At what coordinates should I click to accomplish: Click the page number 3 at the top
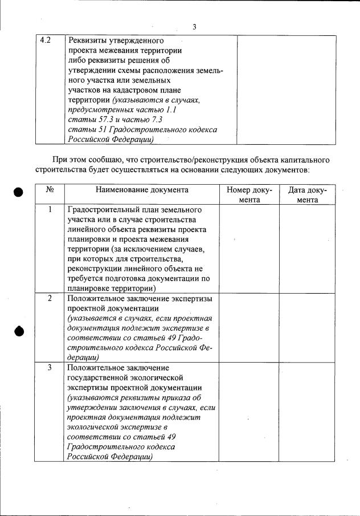(194, 27)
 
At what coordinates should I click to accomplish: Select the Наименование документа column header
(142, 190)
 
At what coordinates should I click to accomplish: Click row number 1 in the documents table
(50, 209)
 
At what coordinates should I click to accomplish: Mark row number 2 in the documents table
(50, 298)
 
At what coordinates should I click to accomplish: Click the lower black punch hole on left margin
(19, 331)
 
